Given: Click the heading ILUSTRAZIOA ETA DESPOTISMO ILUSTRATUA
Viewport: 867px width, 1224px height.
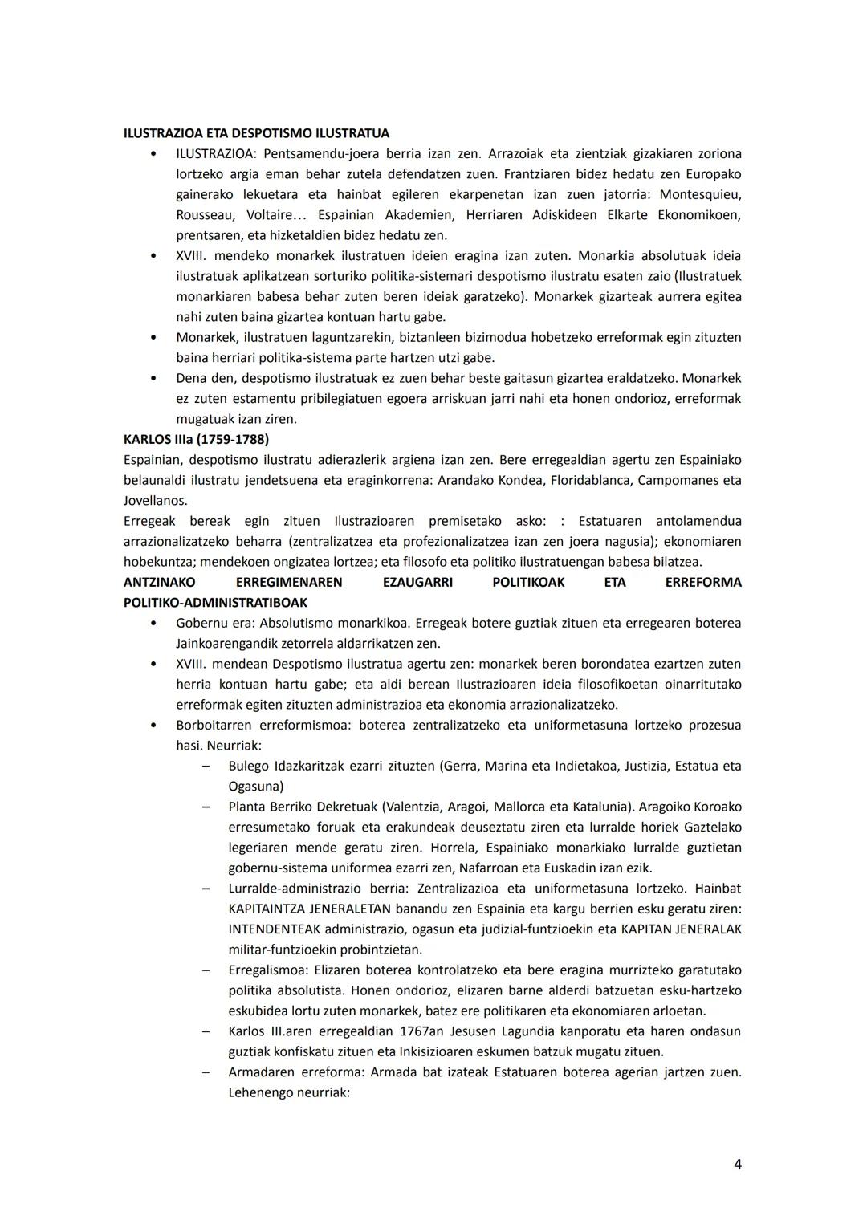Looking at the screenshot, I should tap(256, 133).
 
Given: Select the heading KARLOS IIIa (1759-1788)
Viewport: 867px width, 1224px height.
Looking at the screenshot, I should tap(196, 440).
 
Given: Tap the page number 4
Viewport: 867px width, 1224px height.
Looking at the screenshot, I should tap(737, 1165).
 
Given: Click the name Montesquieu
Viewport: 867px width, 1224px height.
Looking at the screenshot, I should tap(700, 194).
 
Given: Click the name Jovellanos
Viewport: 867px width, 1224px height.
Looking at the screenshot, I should tap(155, 501).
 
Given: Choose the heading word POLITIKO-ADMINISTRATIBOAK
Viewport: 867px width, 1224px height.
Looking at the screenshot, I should tap(215, 603).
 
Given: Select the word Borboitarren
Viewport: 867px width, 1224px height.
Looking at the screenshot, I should tap(215, 726).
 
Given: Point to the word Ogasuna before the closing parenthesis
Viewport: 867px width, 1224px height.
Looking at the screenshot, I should tap(253, 787).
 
